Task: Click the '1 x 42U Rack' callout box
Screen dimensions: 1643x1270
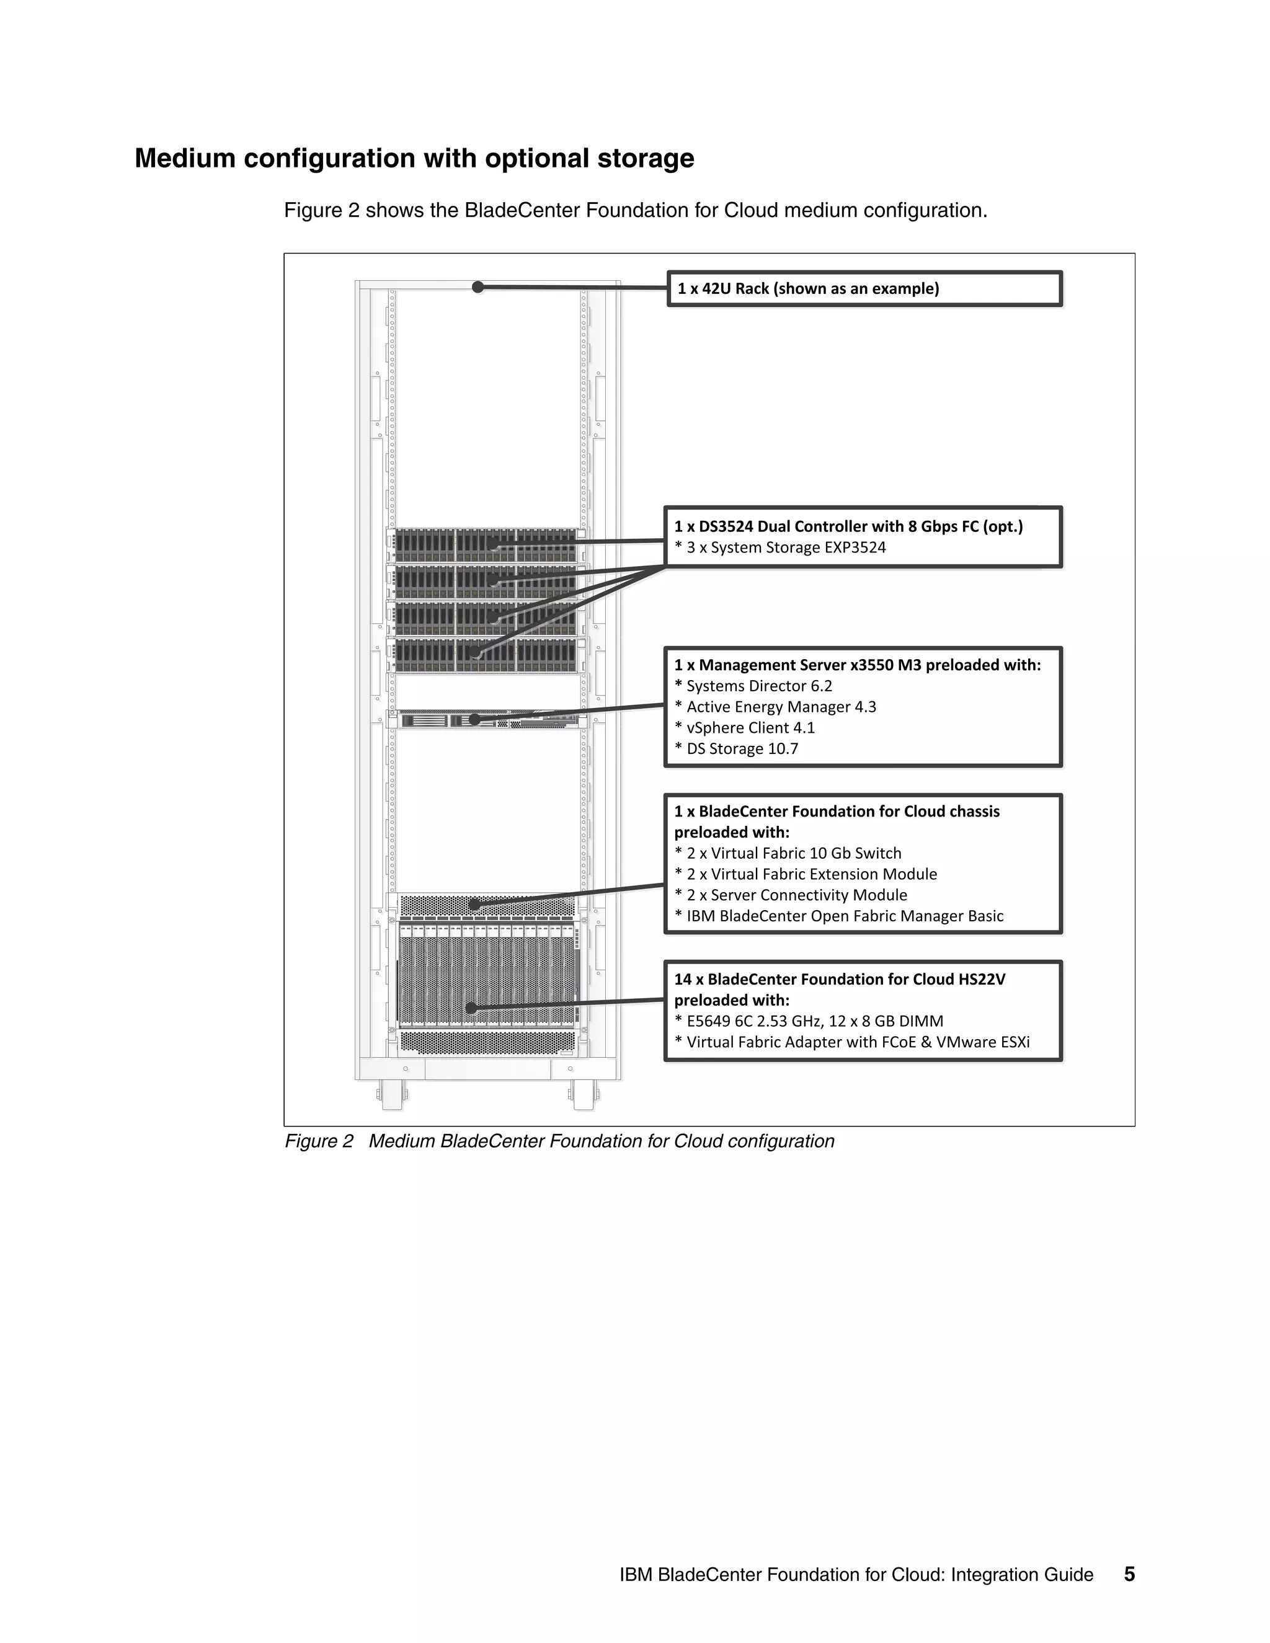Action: tap(864, 289)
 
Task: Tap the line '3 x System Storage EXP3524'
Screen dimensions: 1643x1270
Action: tap(786, 547)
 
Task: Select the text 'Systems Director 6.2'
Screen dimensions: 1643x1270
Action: tap(758, 686)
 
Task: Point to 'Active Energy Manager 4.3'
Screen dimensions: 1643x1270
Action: tap(780, 707)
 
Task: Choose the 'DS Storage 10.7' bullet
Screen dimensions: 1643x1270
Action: tap(741, 750)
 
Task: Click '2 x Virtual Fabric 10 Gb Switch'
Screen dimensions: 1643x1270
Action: tap(793, 854)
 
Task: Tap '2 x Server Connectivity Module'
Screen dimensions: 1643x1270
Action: tap(796, 896)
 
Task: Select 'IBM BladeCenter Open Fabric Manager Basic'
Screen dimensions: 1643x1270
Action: tap(844, 916)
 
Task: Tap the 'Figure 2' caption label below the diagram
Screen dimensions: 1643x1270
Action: tap(318, 1141)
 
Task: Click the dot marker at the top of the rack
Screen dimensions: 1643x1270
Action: tap(477, 286)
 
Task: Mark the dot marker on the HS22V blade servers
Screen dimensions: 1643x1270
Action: tap(472, 1008)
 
